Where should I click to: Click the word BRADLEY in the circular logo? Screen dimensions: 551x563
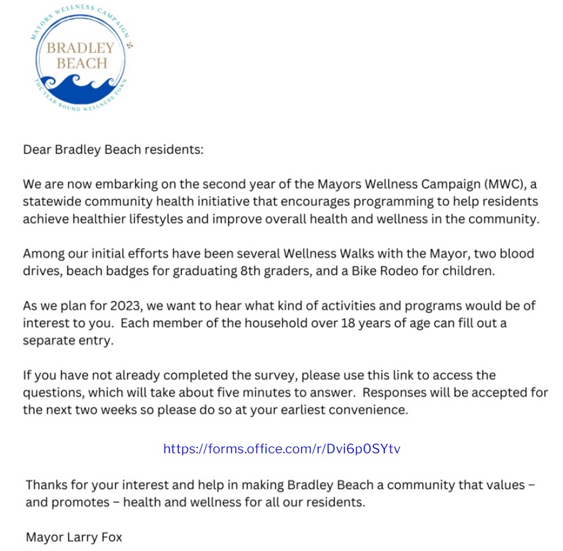tap(80, 48)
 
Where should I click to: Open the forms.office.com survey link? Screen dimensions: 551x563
tap(281, 449)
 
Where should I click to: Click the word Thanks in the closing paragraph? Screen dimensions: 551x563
tap(46, 485)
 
